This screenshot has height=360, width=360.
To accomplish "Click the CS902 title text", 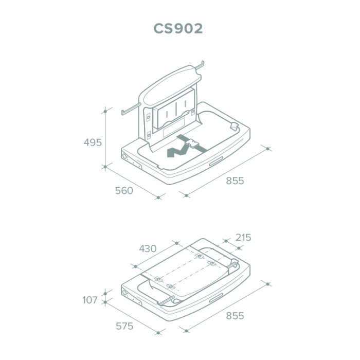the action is (x=178, y=28).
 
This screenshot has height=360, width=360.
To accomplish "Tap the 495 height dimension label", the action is (x=93, y=142).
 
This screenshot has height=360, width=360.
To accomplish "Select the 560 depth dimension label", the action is (x=124, y=191).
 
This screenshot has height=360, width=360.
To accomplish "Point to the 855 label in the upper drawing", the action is (x=235, y=181).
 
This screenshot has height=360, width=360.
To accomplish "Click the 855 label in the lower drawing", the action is (x=235, y=316).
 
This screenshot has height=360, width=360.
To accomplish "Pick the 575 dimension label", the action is (x=124, y=326).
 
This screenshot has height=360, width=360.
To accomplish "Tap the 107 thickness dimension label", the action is (x=90, y=300).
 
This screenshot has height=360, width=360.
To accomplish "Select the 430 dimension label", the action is (x=148, y=248).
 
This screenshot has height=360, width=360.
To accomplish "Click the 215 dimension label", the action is (x=243, y=238).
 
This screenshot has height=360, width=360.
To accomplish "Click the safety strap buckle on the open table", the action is (x=192, y=143).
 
